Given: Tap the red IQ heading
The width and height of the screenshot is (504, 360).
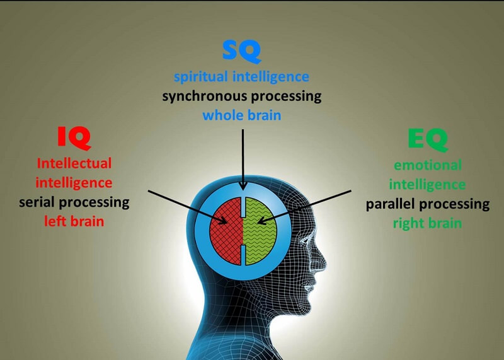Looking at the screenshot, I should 74,136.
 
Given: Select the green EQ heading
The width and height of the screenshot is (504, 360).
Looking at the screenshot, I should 427,139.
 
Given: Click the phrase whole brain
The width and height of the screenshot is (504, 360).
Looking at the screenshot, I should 241,116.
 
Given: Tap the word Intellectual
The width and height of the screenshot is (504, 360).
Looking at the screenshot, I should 74,163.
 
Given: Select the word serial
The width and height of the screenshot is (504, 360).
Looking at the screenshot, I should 42,202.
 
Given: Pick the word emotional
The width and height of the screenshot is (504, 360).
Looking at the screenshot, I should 427,165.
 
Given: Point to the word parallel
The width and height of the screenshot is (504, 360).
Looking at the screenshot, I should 391,204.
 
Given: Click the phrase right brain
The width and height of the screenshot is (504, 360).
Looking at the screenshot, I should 427,223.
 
